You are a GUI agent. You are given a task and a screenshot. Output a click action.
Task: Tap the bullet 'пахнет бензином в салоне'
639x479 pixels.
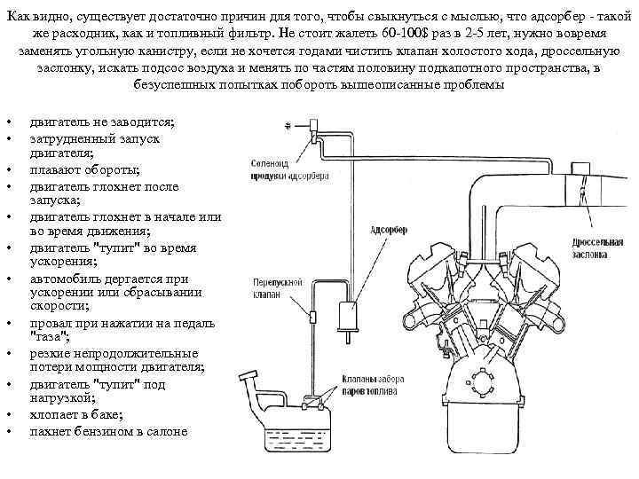tap(108, 431)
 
